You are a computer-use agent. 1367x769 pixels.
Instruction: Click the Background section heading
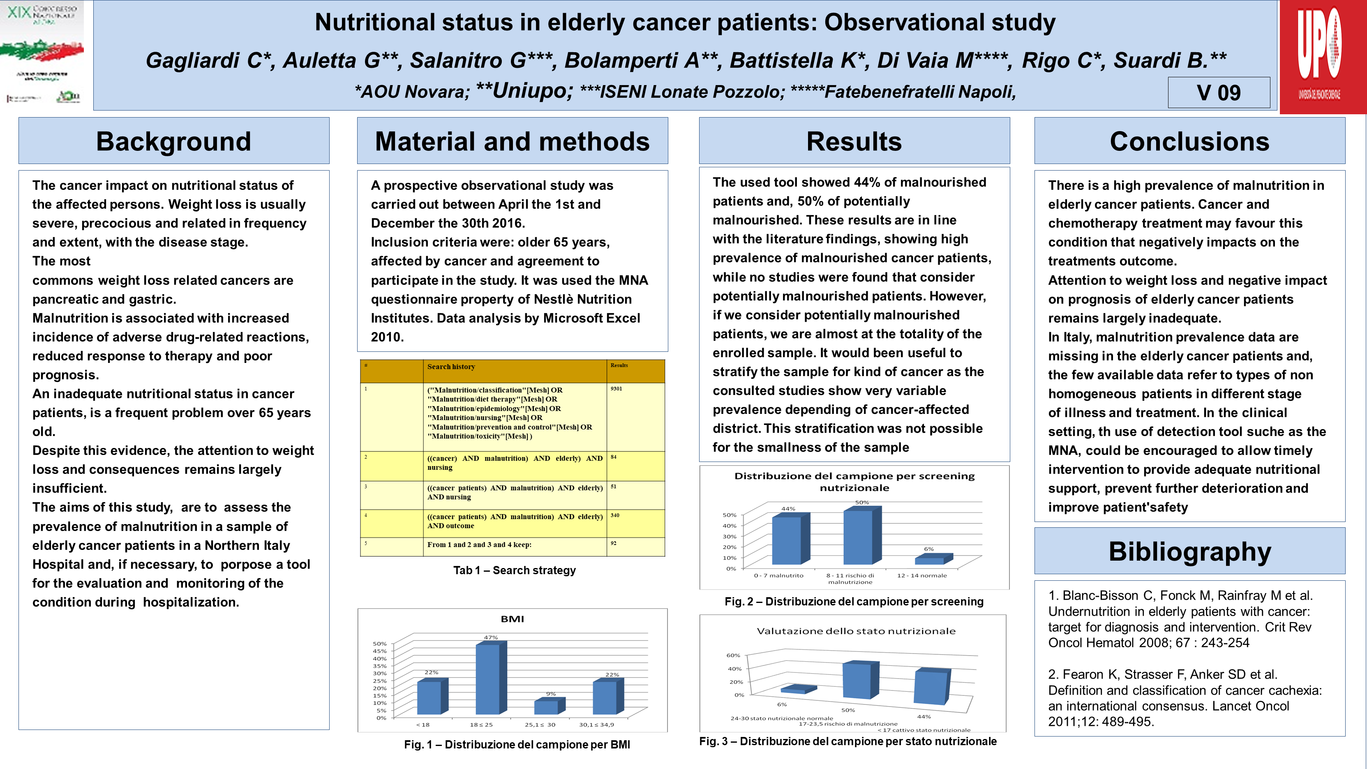tap(173, 141)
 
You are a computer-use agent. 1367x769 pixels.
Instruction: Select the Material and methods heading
tap(512, 141)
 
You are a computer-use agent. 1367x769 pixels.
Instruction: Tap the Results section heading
tap(854, 141)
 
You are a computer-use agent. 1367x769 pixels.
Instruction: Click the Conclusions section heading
tap(1189, 141)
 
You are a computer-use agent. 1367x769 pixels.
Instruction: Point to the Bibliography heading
tap(1189, 552)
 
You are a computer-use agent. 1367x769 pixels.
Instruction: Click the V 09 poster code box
tap(1218, 93)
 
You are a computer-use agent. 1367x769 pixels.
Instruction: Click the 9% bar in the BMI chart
tap(547, 707)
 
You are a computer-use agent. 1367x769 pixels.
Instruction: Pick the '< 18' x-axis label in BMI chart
tap(423, 725)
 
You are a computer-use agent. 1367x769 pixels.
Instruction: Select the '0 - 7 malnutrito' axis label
tap(778, 575)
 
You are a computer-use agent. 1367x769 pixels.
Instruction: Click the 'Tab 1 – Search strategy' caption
tap(514, 570)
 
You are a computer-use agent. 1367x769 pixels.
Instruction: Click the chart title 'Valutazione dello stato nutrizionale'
tap(855, 631)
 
